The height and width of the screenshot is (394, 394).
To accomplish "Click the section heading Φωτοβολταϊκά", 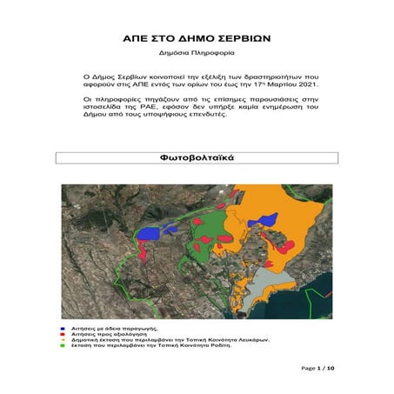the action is pos(196,159).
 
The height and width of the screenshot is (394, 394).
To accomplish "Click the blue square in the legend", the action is pos(63,321).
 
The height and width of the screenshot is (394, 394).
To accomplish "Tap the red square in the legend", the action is pos(63,327).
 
